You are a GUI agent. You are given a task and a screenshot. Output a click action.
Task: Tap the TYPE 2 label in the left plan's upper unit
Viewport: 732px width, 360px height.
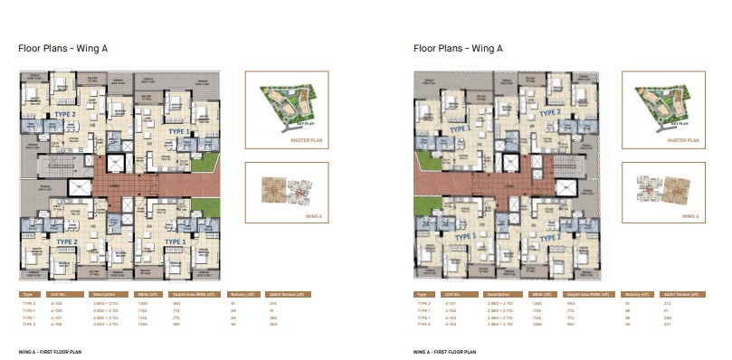(63, 116)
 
